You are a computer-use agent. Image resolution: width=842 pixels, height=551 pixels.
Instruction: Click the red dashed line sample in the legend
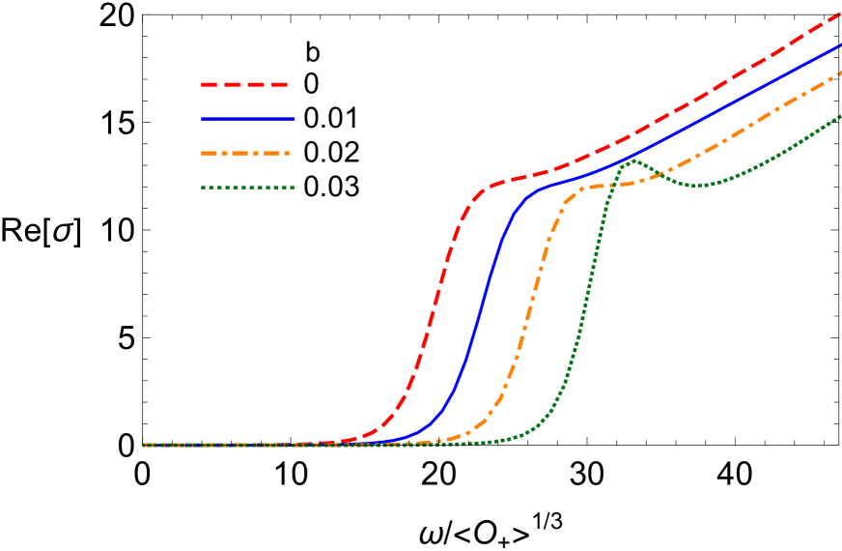245,85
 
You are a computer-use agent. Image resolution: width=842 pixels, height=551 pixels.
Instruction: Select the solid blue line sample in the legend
247,119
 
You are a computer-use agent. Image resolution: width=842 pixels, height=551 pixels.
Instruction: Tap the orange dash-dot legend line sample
245,153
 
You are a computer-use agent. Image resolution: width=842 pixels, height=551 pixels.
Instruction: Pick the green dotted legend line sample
247,188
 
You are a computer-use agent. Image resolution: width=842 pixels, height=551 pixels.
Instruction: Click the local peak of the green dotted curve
632,161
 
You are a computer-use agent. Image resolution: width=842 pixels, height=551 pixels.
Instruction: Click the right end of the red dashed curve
840,14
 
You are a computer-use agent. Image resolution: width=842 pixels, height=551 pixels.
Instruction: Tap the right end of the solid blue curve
840,44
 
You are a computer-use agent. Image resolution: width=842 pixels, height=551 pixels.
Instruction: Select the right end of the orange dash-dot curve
840,72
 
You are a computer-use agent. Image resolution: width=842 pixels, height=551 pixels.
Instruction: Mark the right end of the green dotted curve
840,116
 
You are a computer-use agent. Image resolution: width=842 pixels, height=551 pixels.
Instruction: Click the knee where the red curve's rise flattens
488,186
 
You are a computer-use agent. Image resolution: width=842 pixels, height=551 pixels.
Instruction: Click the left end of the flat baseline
144,446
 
